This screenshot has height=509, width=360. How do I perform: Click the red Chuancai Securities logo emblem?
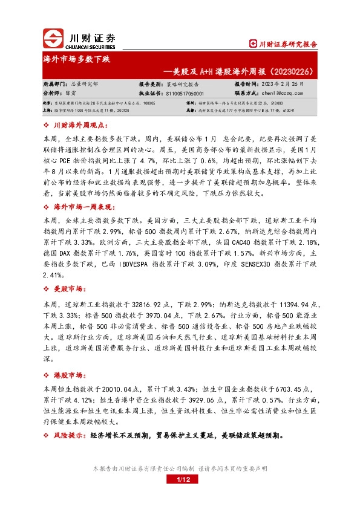(x=54, y=38)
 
